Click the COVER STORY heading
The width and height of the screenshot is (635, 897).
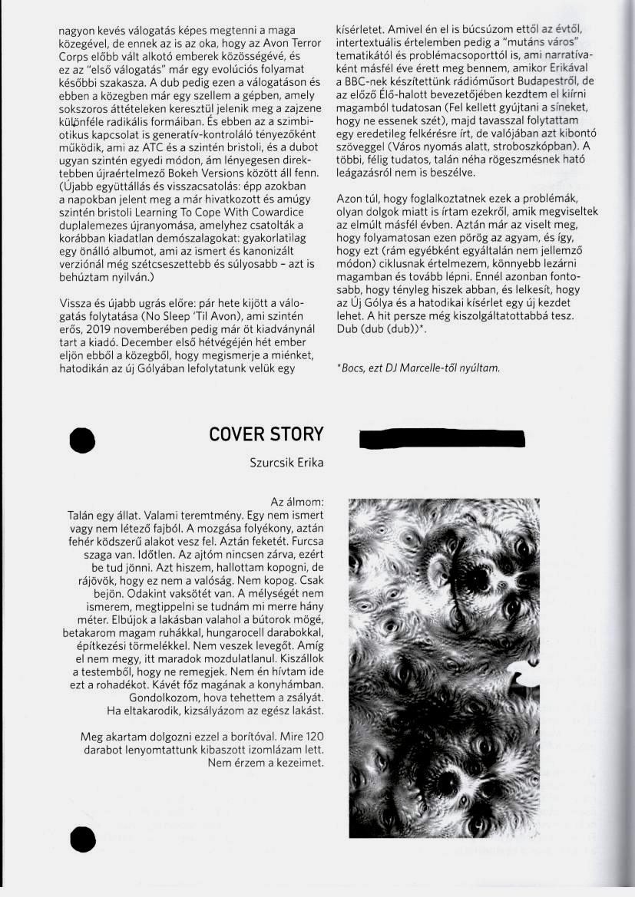point(266,434)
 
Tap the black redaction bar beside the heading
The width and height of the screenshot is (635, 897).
point(442,439)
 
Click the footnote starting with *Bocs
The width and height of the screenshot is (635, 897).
point(418,368)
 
